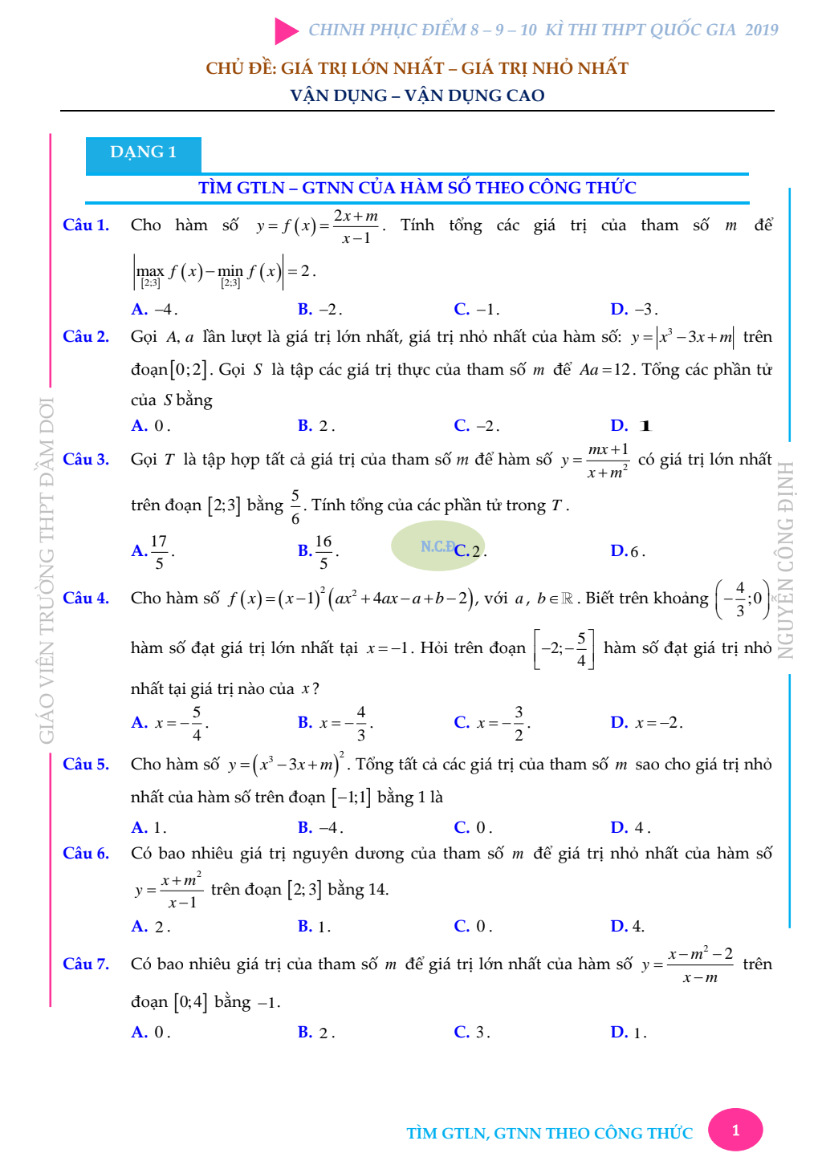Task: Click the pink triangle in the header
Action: click(x=286, y=30)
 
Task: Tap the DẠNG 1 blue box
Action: click(x=143, y=153)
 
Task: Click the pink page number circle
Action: click(x=735, y=1131)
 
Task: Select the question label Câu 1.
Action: click(x=86, y=225)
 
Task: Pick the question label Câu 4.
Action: click(x=86, y=598)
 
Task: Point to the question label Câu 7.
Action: click(x=86, y=964)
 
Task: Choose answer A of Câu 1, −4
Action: click(x=154, y=309)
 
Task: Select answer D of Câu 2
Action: click(x=631, y=425)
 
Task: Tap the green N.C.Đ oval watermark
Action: click(x=437, y=546)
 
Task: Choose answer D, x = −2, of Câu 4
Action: click(x=646, y=722)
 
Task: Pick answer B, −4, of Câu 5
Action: click(x=320, y=827)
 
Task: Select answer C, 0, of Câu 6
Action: click(x=473, y=926)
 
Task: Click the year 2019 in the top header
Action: click(x=761, y=30)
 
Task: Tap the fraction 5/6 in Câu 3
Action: click(x=295, y=506)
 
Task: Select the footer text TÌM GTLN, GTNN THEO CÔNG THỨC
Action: click(x=549, y=1133)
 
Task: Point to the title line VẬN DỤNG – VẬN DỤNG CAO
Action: click(x=417, y=95)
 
